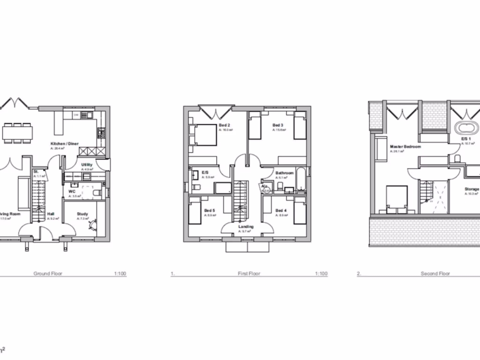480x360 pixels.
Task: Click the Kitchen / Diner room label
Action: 65,143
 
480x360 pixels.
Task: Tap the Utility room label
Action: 87,165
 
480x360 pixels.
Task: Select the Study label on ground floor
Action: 82,214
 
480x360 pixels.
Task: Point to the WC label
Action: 71,192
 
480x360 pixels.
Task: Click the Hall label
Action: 51,214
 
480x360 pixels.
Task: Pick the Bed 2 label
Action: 224,125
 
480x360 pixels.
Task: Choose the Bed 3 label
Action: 278,125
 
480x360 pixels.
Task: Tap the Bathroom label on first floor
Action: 285,173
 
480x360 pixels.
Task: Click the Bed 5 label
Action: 210,210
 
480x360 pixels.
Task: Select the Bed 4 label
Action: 281,210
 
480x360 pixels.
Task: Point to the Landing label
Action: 246,227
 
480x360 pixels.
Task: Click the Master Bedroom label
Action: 405,147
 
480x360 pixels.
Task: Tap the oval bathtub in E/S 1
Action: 466,128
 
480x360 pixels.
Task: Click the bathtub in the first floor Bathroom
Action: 301,181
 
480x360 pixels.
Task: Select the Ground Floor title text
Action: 48,273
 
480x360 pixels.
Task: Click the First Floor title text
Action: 248,273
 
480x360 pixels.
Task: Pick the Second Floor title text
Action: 435,273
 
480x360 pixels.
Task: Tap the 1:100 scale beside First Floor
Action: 321,273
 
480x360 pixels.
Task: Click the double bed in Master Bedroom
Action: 396,199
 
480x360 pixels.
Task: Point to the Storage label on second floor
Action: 472,189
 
